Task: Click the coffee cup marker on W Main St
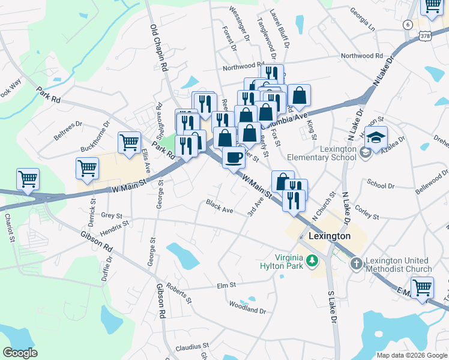tap(234, 158)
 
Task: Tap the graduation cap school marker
tap(376, 138)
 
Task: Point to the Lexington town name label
tap(329, 236)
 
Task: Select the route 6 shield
tap(408, 24)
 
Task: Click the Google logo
tap(20, 353)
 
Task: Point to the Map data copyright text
tap(411, 355)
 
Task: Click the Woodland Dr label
tap(247, 308)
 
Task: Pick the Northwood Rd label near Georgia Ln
tap(362, 56)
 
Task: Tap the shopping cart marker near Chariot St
tap(28, 179)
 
